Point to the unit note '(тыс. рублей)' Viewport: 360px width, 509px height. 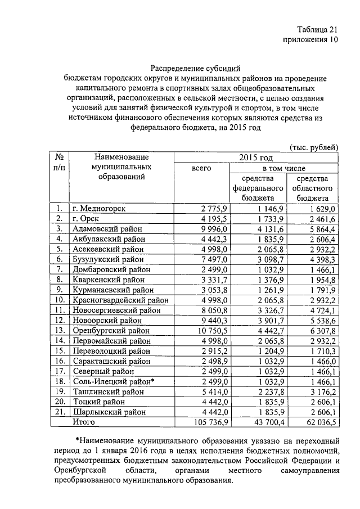pyautogui.click(x=313, y=147)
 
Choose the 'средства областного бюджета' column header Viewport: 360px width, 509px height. pyautogui.click(x=313, y=188)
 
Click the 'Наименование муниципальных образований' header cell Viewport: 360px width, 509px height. pyautogui.click(x=121, y=167)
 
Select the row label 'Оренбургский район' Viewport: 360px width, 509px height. pyautogui.click(x=111, y=330)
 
